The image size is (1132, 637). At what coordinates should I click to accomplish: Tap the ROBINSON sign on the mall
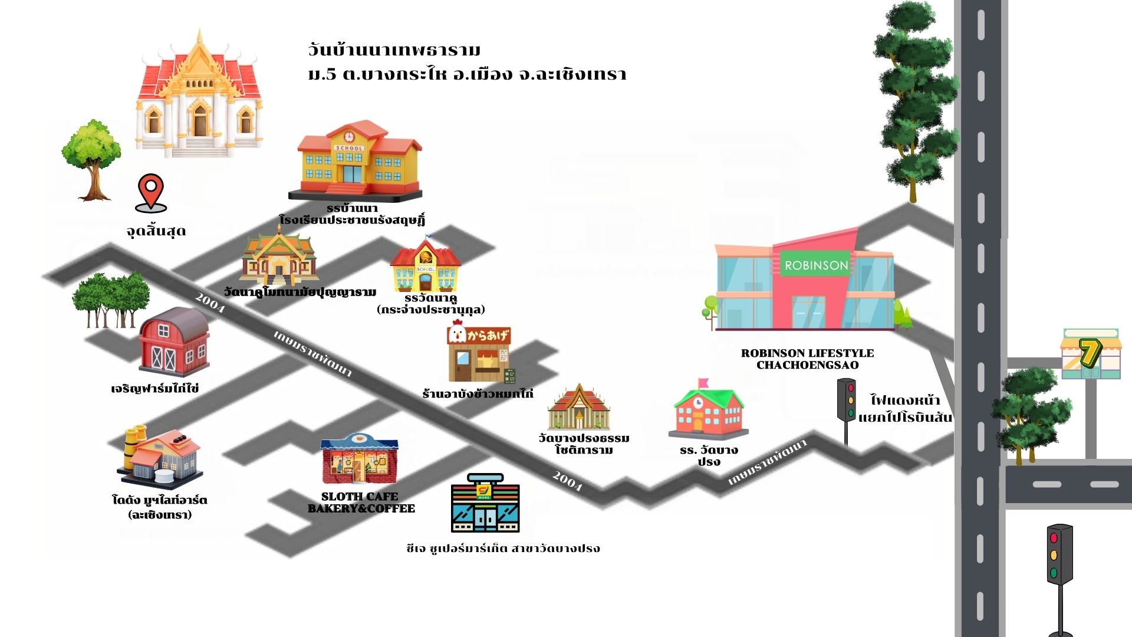click(816, 265)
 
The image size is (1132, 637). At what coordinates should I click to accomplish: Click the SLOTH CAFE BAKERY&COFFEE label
click(361, 503)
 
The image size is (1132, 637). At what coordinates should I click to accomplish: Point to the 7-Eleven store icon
click(1091, 354)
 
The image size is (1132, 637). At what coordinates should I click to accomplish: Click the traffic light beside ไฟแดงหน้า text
click(847, 401)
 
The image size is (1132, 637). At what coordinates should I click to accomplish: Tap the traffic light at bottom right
click(1059, 554)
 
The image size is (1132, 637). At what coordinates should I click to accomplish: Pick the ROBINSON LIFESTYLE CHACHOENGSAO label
click(807, 359)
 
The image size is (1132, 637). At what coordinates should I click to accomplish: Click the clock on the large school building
click(349, 136)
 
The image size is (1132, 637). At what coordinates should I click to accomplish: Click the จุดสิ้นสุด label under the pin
click(156, 231)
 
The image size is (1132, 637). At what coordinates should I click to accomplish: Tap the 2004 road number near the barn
click(210, 303)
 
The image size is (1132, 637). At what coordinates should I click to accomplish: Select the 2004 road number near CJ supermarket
click(567, 481)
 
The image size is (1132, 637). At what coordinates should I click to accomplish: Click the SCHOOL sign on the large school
click(349, 148)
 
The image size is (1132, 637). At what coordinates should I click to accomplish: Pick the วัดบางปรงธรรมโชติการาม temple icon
click(578, 408)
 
